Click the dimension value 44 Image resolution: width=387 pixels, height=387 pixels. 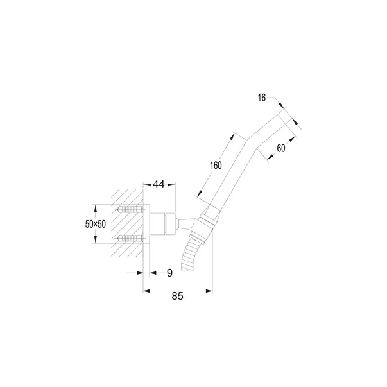[x=159, y=184]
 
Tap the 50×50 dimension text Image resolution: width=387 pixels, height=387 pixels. [x=95, y=224]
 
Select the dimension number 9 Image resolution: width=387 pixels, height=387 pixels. [x=169, y=273]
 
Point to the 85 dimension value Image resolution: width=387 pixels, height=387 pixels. [x=178, y=296]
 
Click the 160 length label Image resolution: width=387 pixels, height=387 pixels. [x=216, y=165]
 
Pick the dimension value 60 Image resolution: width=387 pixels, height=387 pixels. [x=281, y=148]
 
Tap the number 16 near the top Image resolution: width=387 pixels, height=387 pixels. [x=262, y=98]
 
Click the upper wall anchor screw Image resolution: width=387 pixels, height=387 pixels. [x=130, y=210]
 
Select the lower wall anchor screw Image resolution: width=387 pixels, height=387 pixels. [x=130, y=238]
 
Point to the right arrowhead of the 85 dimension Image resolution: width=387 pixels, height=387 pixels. [x=209, y=291]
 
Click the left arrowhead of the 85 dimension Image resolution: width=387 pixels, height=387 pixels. [x=146, y=291]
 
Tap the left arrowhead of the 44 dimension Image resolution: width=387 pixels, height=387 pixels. [x=147, y=185]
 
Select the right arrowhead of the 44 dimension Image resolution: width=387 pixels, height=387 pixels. [x=171, y=185]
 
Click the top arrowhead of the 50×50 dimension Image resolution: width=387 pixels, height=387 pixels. [x=96, y=208]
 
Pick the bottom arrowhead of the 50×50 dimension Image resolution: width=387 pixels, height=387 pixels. [x=96, y=240]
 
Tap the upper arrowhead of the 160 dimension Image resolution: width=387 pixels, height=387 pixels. [x=232, y=137]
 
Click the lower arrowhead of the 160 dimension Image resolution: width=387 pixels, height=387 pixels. [x=200, y=193]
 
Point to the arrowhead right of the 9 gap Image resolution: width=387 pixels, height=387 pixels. [x=153, y=273]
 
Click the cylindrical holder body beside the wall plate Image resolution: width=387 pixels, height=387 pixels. [x=158, y=224]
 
